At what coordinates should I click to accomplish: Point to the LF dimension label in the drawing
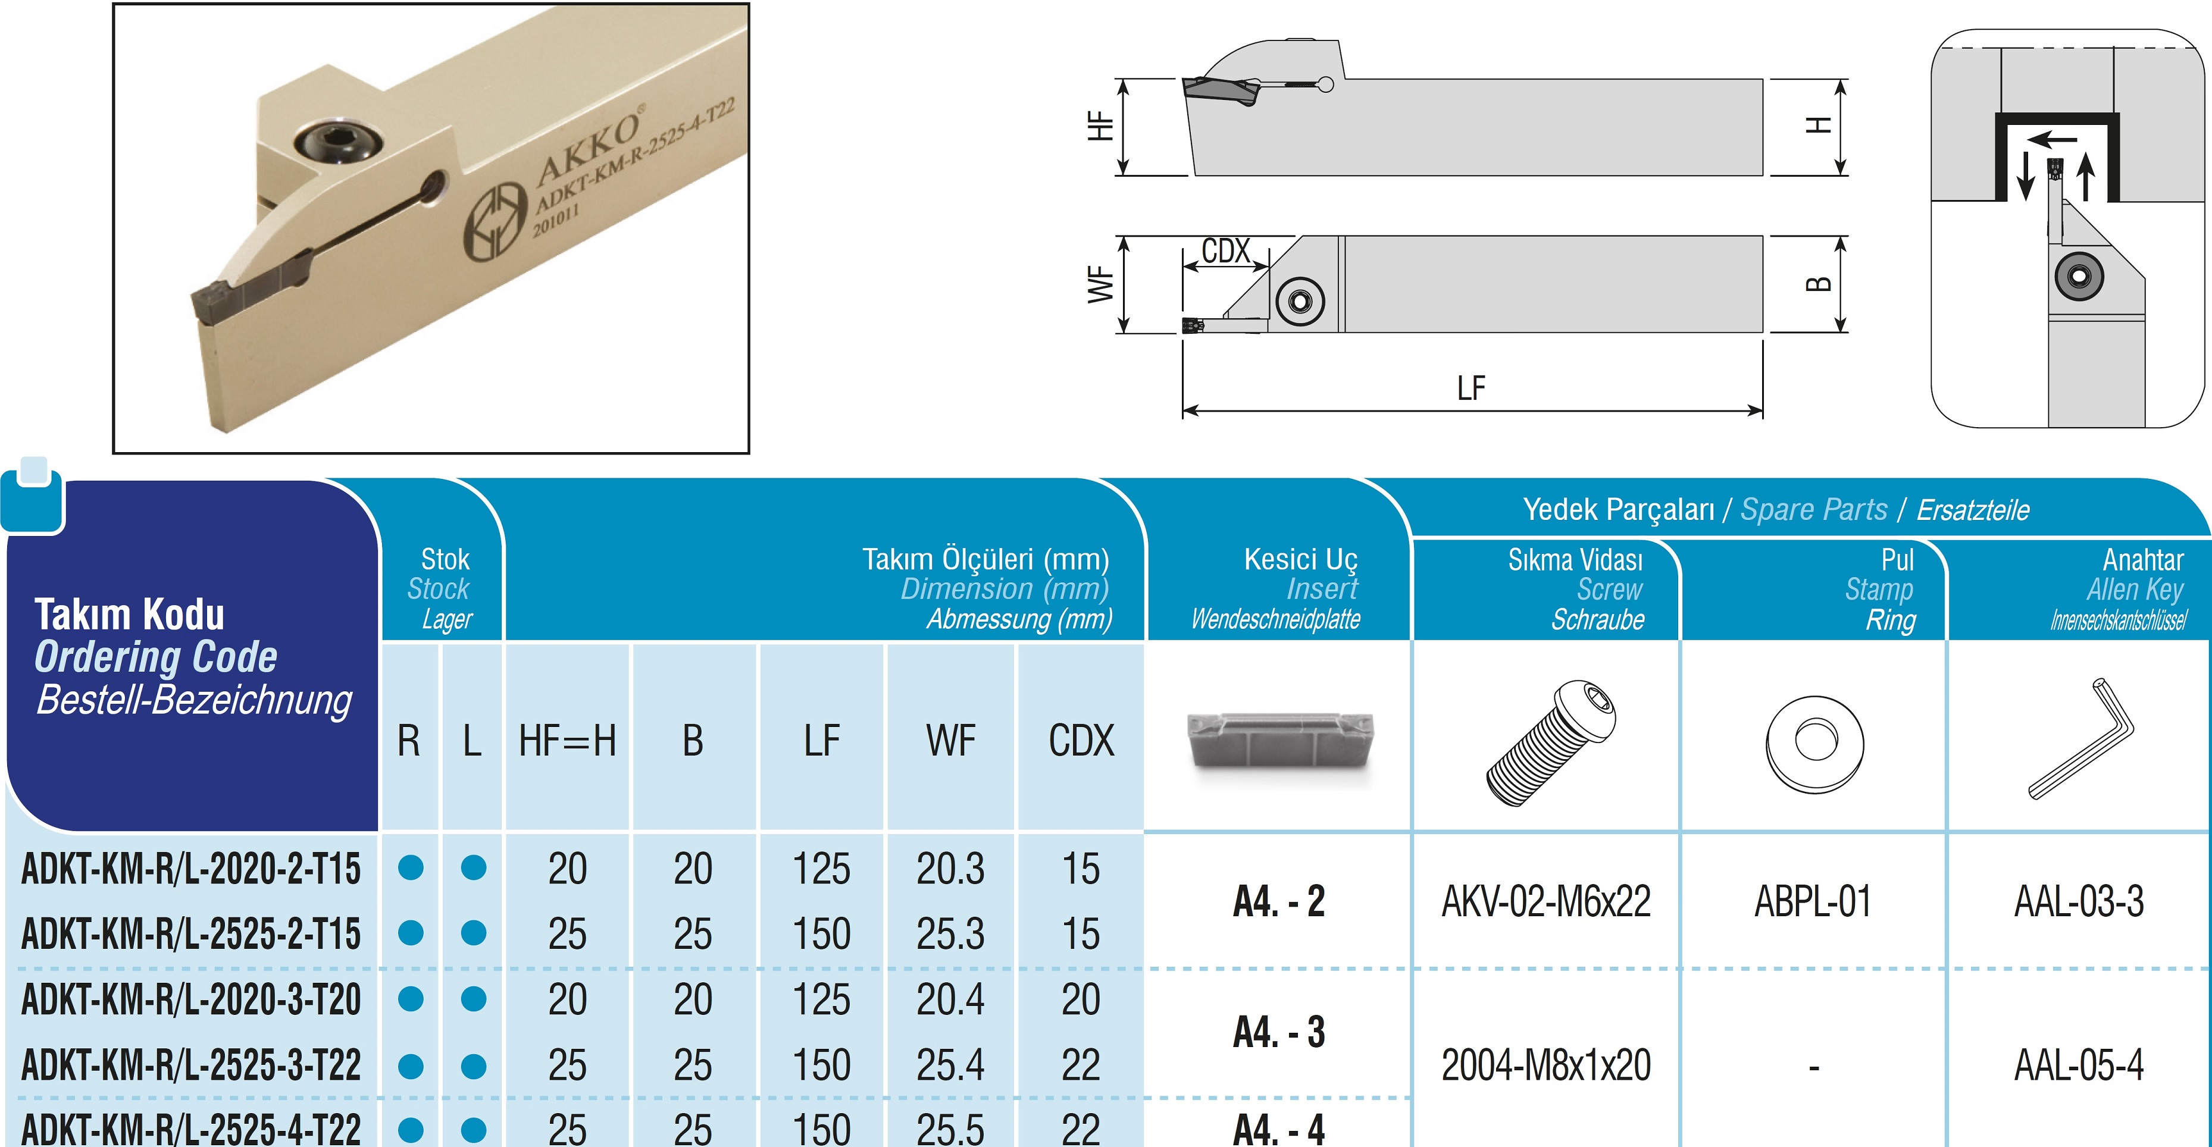pyautogui.click(x=1471, y=388)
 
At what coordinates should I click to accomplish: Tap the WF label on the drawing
pyautogui.click(x=1101, y=284)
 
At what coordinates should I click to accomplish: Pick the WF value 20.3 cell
pyautogui.click(x=950, y=869)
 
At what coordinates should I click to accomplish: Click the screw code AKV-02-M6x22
pyautogui.click(x=1545, y=901)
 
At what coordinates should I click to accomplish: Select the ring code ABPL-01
pyautogui.click(x=1813, y=901)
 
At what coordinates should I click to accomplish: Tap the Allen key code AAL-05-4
pyautogui.click(x=2079, y=1065)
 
